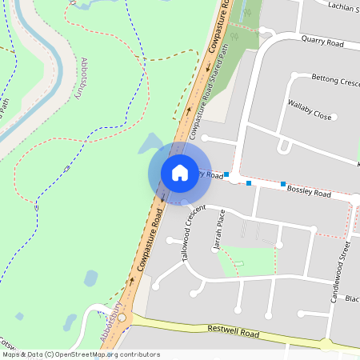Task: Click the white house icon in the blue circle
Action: pos(180,173)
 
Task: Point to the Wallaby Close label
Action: pos(310,114)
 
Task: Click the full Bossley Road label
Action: pos(309,192)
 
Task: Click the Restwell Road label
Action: pos(234,331)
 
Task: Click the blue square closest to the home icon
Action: pos(226,174)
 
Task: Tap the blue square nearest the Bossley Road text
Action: pos(283,184)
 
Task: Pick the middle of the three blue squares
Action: pos(249,183)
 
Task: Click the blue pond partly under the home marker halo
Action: pos(150,145)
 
